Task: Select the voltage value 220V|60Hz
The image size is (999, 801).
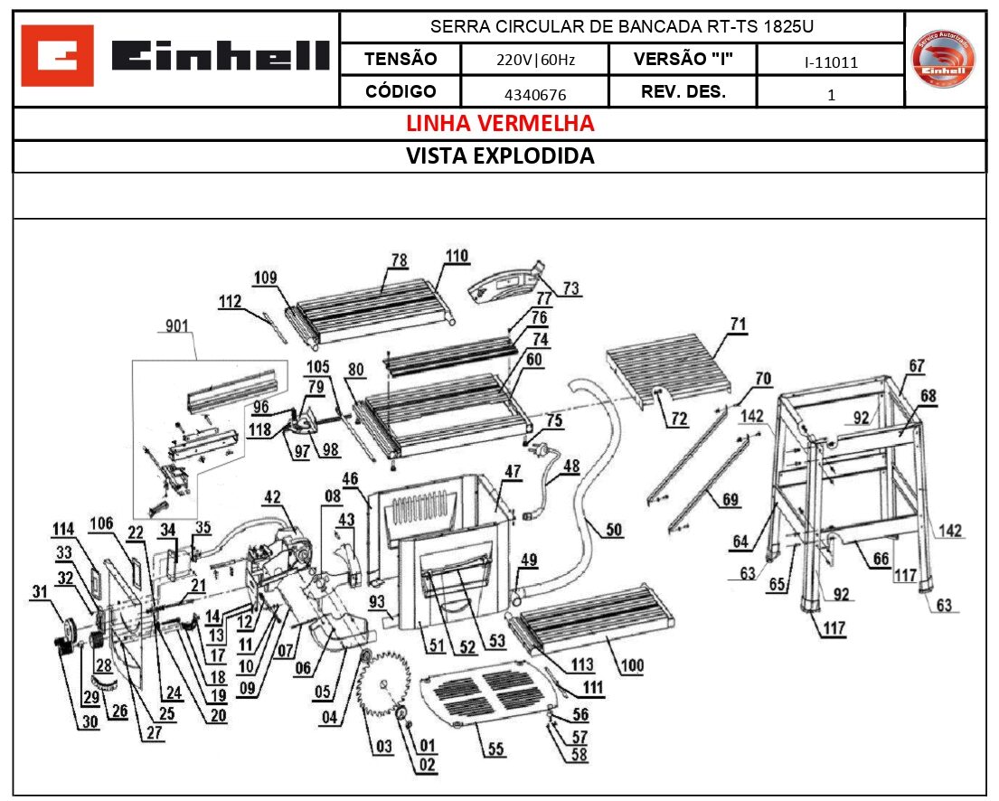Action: click(x=535, y=61)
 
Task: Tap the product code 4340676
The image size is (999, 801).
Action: click(x=535, y=93)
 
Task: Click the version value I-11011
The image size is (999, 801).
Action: click(x=830, y=61)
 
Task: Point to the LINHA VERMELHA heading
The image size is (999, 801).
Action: click(x=500, y=123)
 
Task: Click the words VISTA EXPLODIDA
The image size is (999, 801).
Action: click(x=500, y=155)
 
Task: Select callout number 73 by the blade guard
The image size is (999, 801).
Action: click(x=570, y=288)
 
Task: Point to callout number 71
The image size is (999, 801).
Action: click(x=739, y=324)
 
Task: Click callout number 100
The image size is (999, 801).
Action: click(x=632, y=666)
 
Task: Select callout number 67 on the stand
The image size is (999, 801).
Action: click(x=917, y=365)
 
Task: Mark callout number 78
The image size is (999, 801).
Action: click(x=400, y=259)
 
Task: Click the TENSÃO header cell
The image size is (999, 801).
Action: click(x=401, y=60)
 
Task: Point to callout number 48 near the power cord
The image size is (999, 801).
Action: click(x=570, y=466)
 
